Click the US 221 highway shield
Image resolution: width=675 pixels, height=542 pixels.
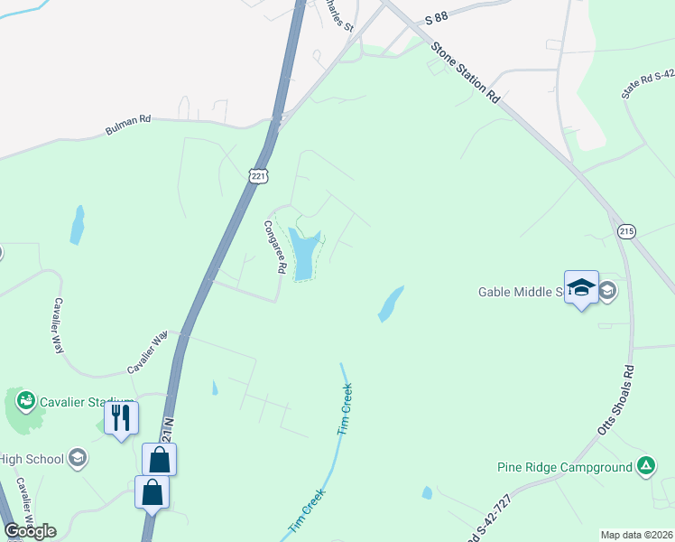(258, 177)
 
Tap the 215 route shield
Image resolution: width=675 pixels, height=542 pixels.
(627, 231)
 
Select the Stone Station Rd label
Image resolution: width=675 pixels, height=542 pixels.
(465, 75)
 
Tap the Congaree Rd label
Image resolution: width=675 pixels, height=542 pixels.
(275, 247)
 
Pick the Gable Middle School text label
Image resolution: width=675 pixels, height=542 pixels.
(520, 292)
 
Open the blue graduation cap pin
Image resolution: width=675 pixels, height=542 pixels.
(581, 287)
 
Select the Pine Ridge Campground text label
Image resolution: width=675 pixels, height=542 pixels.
(564, 467)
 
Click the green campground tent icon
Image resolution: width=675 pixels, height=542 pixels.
(645, 466)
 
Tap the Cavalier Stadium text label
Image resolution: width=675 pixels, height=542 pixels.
(87, 402)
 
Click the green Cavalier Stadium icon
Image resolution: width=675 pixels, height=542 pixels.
(25, 399)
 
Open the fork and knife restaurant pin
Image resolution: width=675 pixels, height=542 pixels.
(121, 417)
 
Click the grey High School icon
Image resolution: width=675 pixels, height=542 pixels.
(78, 458)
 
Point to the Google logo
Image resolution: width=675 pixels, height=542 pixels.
(30, 530)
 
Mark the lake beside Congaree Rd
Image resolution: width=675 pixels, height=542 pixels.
(304, 254)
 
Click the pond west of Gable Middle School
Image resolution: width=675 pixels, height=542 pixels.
(390, 304)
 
